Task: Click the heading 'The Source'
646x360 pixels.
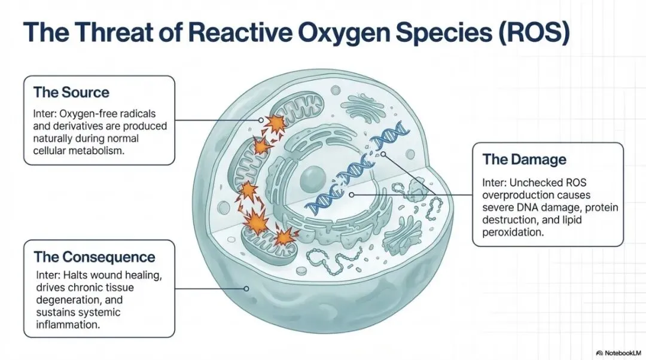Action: coord(71,93)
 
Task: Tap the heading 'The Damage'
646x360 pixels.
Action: coord(524,160)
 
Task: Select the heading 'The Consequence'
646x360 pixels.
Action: coord(95,258)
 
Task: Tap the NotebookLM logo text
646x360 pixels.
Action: coord(622,353)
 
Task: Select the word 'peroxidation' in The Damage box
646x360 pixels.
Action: coord(513,233)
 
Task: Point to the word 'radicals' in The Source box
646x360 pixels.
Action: coord(144,114)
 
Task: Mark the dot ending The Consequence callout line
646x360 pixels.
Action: coord(246,288)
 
